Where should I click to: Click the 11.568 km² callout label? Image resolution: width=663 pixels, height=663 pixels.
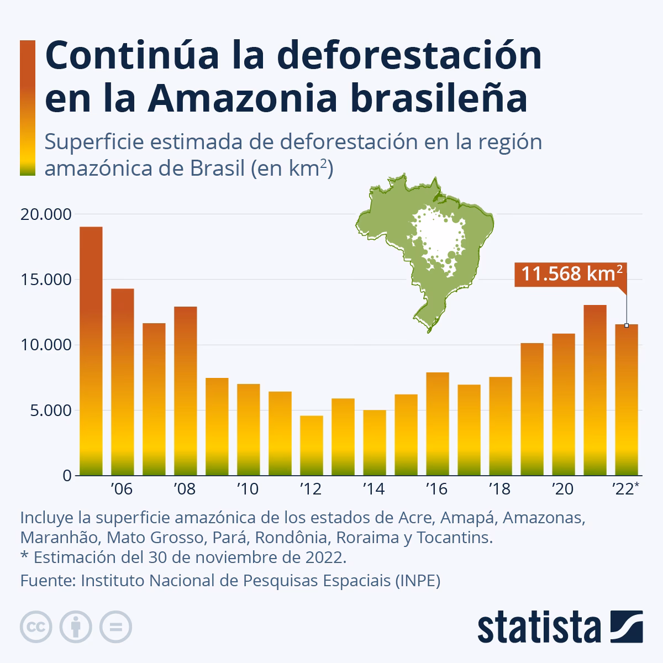[x=571, y=273]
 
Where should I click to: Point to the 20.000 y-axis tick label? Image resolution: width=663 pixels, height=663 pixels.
[x=45, y=214]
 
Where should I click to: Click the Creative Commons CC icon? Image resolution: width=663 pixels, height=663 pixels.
[x=36, y=627]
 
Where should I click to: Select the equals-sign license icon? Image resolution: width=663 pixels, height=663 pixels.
[x=116, y=627]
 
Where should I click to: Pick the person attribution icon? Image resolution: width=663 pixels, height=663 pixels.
[x=76, y=627]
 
